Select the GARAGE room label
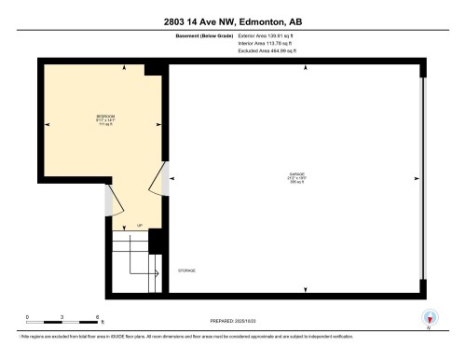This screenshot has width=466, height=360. [296, 174]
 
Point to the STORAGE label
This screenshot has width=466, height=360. [187, 270]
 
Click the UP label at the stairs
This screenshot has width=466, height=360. [139, 226]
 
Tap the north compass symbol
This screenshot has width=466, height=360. [429, 318]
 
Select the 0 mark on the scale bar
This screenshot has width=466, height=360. [27, 317]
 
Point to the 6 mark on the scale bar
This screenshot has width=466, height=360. [97, 317]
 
